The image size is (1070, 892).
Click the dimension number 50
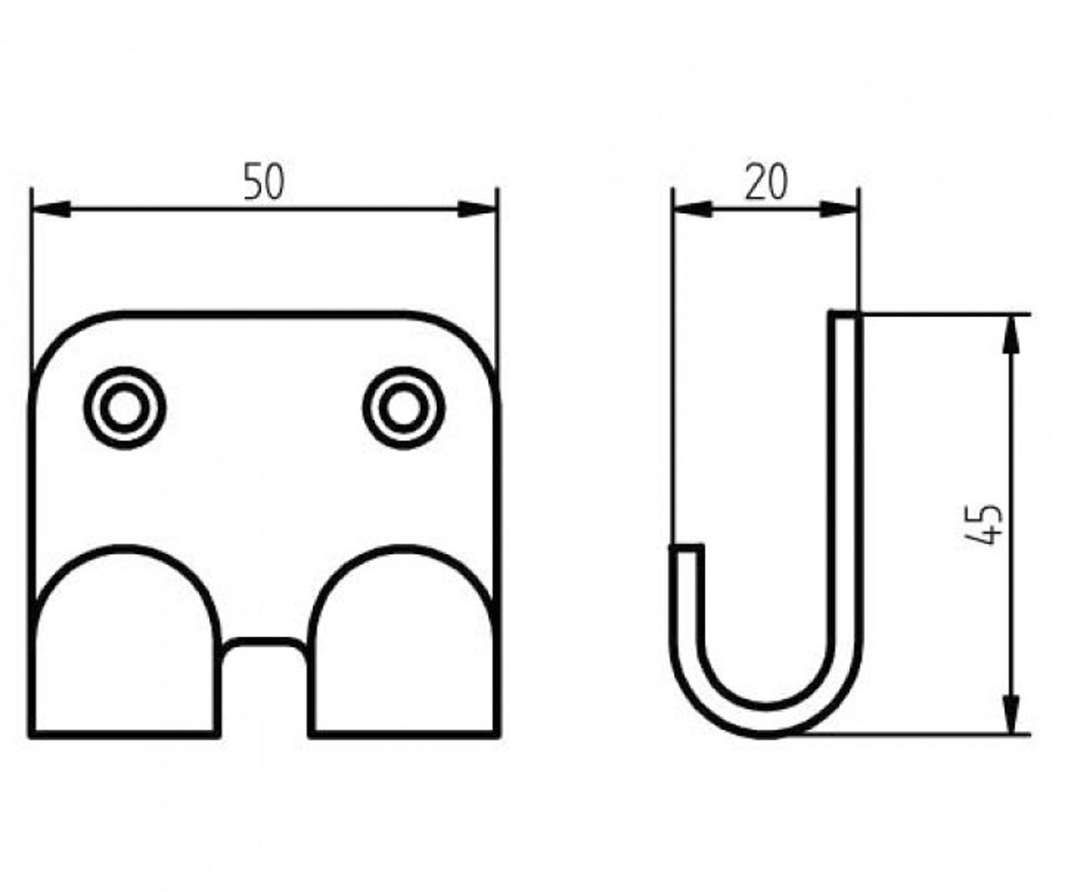(263, 181)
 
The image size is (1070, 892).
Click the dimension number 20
(766, 181)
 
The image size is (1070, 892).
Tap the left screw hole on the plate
(125, 408)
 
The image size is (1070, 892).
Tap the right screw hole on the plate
(404, 408)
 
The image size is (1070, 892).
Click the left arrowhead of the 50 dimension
(50, 209)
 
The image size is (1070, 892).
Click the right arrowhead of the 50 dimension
(477, 209)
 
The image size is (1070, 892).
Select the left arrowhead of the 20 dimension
(693, 209)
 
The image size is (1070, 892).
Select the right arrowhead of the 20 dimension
(840, 209)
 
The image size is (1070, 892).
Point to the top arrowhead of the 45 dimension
(1010, 334)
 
